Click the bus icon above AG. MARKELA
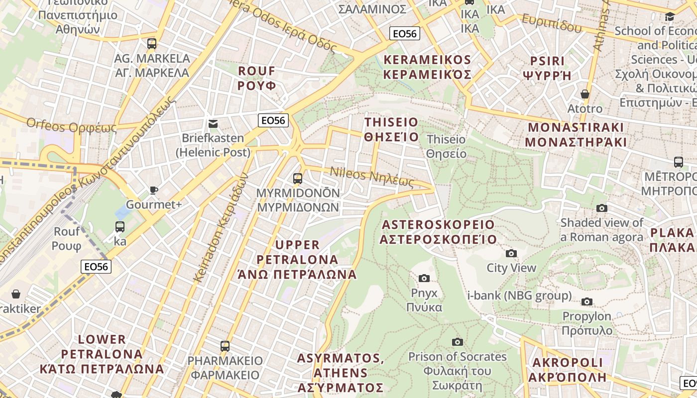[152, 44]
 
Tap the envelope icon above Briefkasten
[213, 123]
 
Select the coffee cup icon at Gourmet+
[154, 190]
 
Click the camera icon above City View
[511, 254]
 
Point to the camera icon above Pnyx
[424, 278]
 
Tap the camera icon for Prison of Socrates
[457, 342]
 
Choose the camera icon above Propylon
[587, 301]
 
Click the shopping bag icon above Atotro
[585, 94]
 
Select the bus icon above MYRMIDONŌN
[298, 178]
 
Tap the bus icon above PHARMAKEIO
[225, 346]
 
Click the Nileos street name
[372, 176]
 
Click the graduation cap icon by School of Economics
[670, 17]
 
